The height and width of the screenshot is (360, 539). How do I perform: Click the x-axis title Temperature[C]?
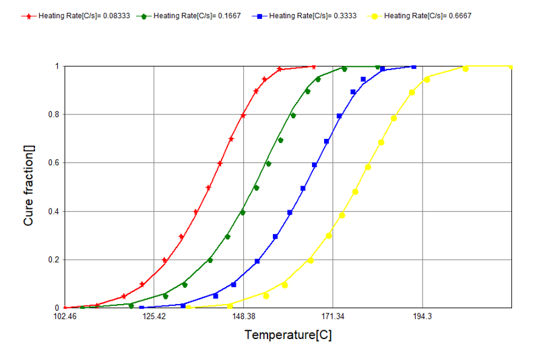coord(288,335)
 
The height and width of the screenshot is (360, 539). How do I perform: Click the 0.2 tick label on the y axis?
coord(55,260)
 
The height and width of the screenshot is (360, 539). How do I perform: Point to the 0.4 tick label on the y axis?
coord(55,211)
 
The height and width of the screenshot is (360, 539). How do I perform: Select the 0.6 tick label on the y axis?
coord(55,162)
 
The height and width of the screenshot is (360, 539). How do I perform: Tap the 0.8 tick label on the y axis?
coord(55,115)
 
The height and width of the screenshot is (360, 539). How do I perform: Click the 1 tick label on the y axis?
coord(58,66)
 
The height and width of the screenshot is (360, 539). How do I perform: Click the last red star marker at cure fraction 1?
coord(314,66)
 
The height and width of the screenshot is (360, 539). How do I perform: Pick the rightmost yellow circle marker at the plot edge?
coord(511,67)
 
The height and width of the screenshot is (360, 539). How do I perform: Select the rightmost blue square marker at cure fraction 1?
coord(414,67)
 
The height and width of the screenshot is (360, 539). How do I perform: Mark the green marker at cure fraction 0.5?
coord(256,187)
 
